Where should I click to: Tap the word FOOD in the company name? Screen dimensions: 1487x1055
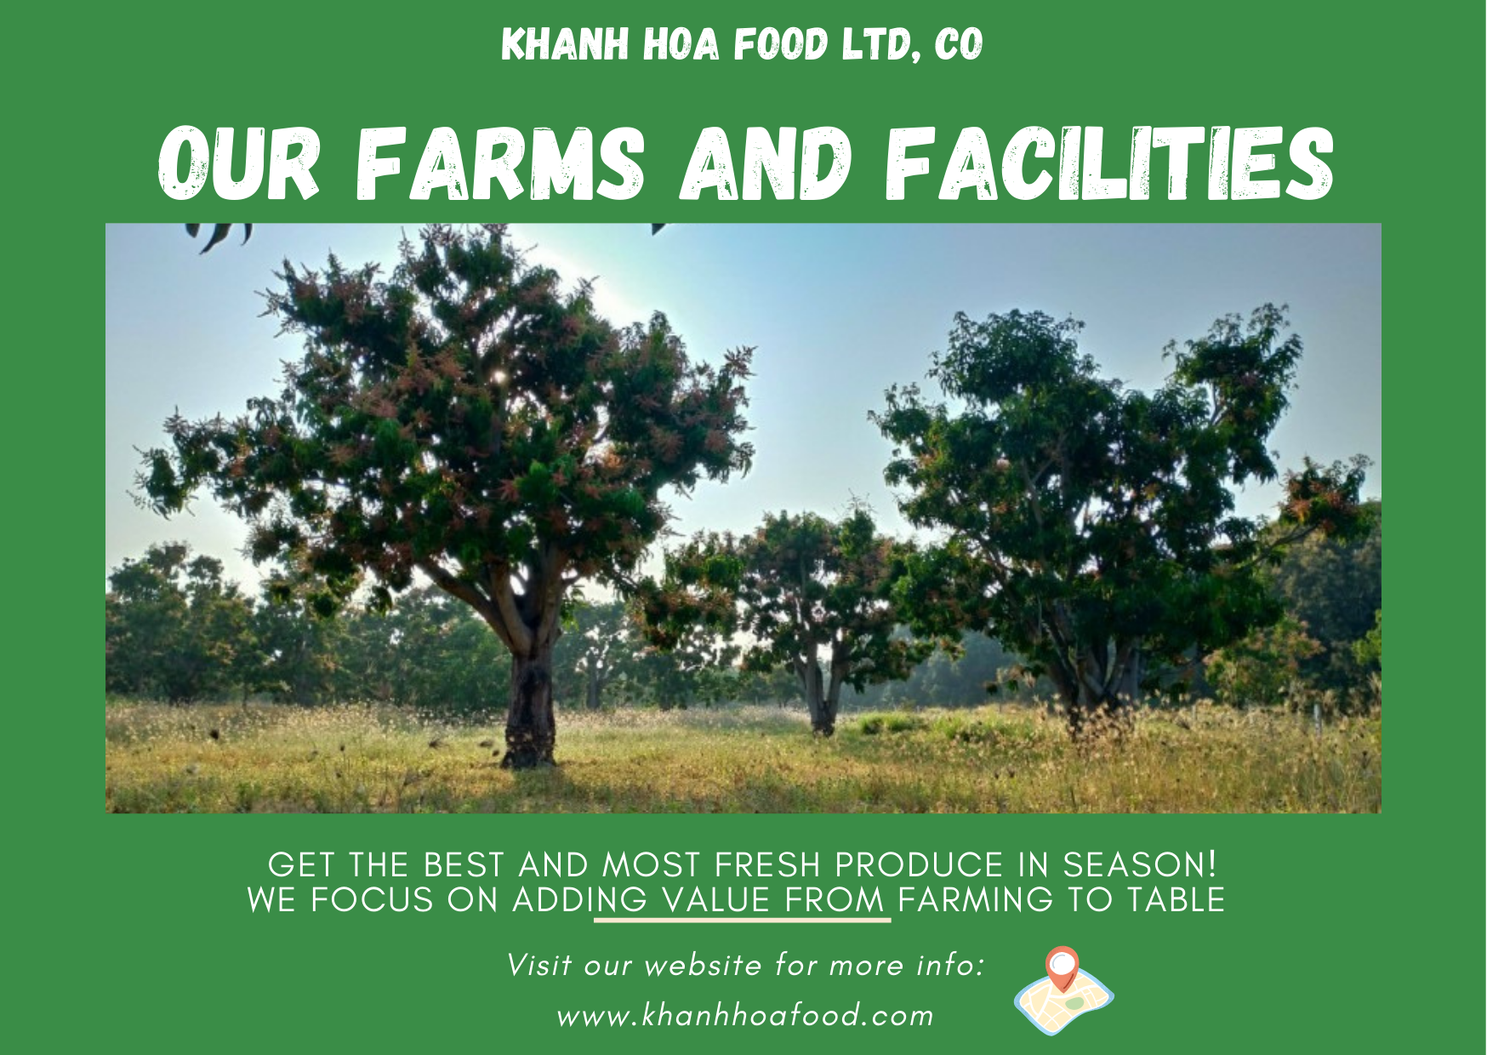point(780,44)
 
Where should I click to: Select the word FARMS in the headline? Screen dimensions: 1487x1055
point(500,163)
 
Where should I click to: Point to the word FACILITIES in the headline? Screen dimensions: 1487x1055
point(1109,163)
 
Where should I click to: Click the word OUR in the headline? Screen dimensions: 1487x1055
point(239,163)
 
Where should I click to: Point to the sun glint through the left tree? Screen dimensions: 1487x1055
point(499,375)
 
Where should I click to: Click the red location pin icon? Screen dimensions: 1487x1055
point(1062,968)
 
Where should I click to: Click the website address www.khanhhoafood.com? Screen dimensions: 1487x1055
point(745,1015)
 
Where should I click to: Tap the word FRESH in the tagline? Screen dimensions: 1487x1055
point(767,865)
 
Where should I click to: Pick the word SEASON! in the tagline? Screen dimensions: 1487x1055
point(1140,865)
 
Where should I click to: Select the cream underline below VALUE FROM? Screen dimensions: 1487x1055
point(743,920)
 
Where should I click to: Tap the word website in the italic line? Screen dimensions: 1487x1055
point(703,966)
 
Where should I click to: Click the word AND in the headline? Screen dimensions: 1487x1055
point(766,163)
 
